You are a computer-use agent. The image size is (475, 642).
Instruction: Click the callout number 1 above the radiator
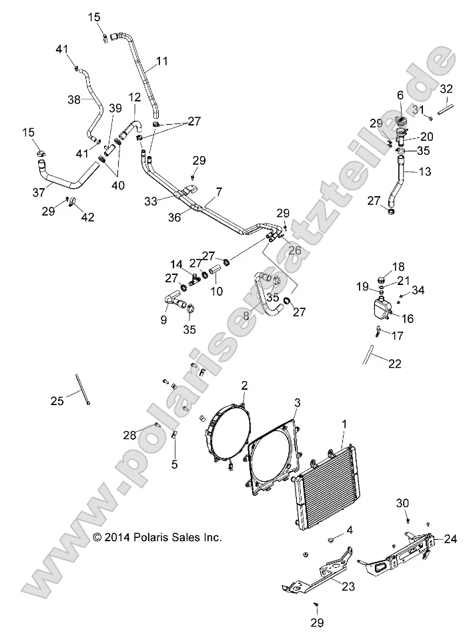tap(344, 424)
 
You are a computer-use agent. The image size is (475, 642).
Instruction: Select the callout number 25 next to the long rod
tap(57, 400)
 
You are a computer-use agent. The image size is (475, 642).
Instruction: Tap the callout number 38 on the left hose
tap(74, 99)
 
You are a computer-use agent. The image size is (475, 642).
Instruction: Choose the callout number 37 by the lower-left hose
tap(38, 192)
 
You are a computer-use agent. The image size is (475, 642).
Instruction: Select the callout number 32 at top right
tap(446, 89)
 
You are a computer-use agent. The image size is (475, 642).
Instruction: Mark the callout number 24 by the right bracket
tap(450, 539)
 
